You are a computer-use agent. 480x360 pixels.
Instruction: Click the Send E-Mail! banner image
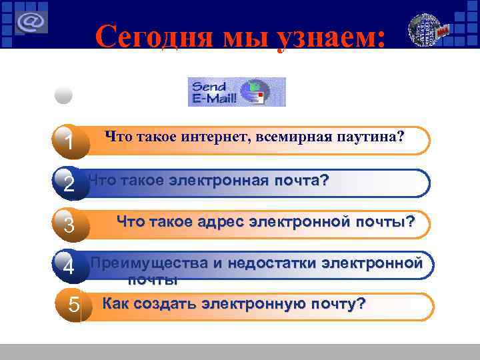(x=237, y=92)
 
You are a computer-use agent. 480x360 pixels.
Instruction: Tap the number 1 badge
(x=69, y=143)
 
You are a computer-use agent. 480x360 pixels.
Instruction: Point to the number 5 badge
(x=75, y=307)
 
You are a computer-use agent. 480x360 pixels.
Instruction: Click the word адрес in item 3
(x=220, y=221)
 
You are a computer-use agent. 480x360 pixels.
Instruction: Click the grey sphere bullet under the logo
(x=63, y=95)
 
